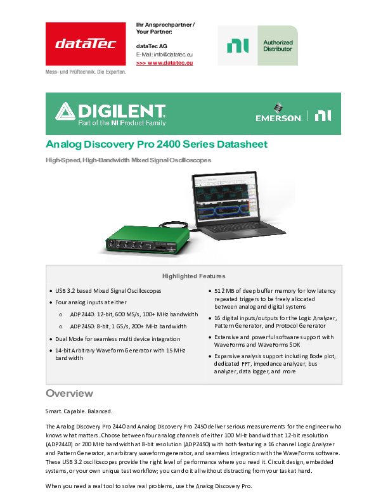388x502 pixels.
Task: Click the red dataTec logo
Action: tap(86, 44)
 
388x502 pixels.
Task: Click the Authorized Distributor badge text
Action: tap(278, 46)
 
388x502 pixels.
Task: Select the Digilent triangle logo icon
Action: tap(65, 113)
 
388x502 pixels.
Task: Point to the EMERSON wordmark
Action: tap(278, 117)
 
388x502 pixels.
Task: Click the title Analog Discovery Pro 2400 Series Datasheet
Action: tap(157, 145)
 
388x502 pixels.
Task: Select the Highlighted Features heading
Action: tap(193, 276)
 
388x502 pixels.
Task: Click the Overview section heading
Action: tap(69, 393)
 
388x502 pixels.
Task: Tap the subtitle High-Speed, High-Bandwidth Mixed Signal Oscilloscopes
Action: tap(128, 160)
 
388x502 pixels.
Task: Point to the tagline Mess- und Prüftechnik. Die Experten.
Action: tap(86, 72)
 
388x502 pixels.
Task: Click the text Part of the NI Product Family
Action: tap(121, 120)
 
